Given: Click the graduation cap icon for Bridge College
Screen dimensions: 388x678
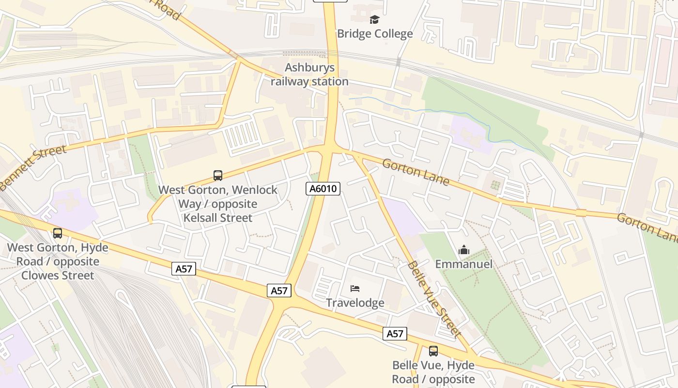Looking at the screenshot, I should [374, 20].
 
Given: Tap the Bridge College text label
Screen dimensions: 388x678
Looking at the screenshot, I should [375, 33].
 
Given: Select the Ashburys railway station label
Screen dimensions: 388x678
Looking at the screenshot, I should [309, 75].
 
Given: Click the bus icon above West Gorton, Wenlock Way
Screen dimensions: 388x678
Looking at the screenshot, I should [218, 176].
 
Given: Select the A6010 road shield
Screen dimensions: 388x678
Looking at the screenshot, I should [323, 189].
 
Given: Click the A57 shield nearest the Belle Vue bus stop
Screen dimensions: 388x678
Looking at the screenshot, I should [395, 334].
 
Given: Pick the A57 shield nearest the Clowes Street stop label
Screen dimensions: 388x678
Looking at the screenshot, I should [184, 269].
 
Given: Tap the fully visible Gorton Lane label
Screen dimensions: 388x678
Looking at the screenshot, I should [416, 172].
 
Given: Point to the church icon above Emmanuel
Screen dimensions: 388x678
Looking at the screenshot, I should [463, 250].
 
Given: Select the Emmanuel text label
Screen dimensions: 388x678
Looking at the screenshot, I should [463, 264].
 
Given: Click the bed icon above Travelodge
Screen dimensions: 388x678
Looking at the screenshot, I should [355, 289].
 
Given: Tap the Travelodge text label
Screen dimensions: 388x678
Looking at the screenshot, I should [355, 303].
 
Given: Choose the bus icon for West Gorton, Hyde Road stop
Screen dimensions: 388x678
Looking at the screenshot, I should [58, 233].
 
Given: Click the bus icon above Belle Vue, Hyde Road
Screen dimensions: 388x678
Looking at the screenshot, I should [433, 351].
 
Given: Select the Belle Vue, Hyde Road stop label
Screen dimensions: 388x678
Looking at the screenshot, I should [433, 372].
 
